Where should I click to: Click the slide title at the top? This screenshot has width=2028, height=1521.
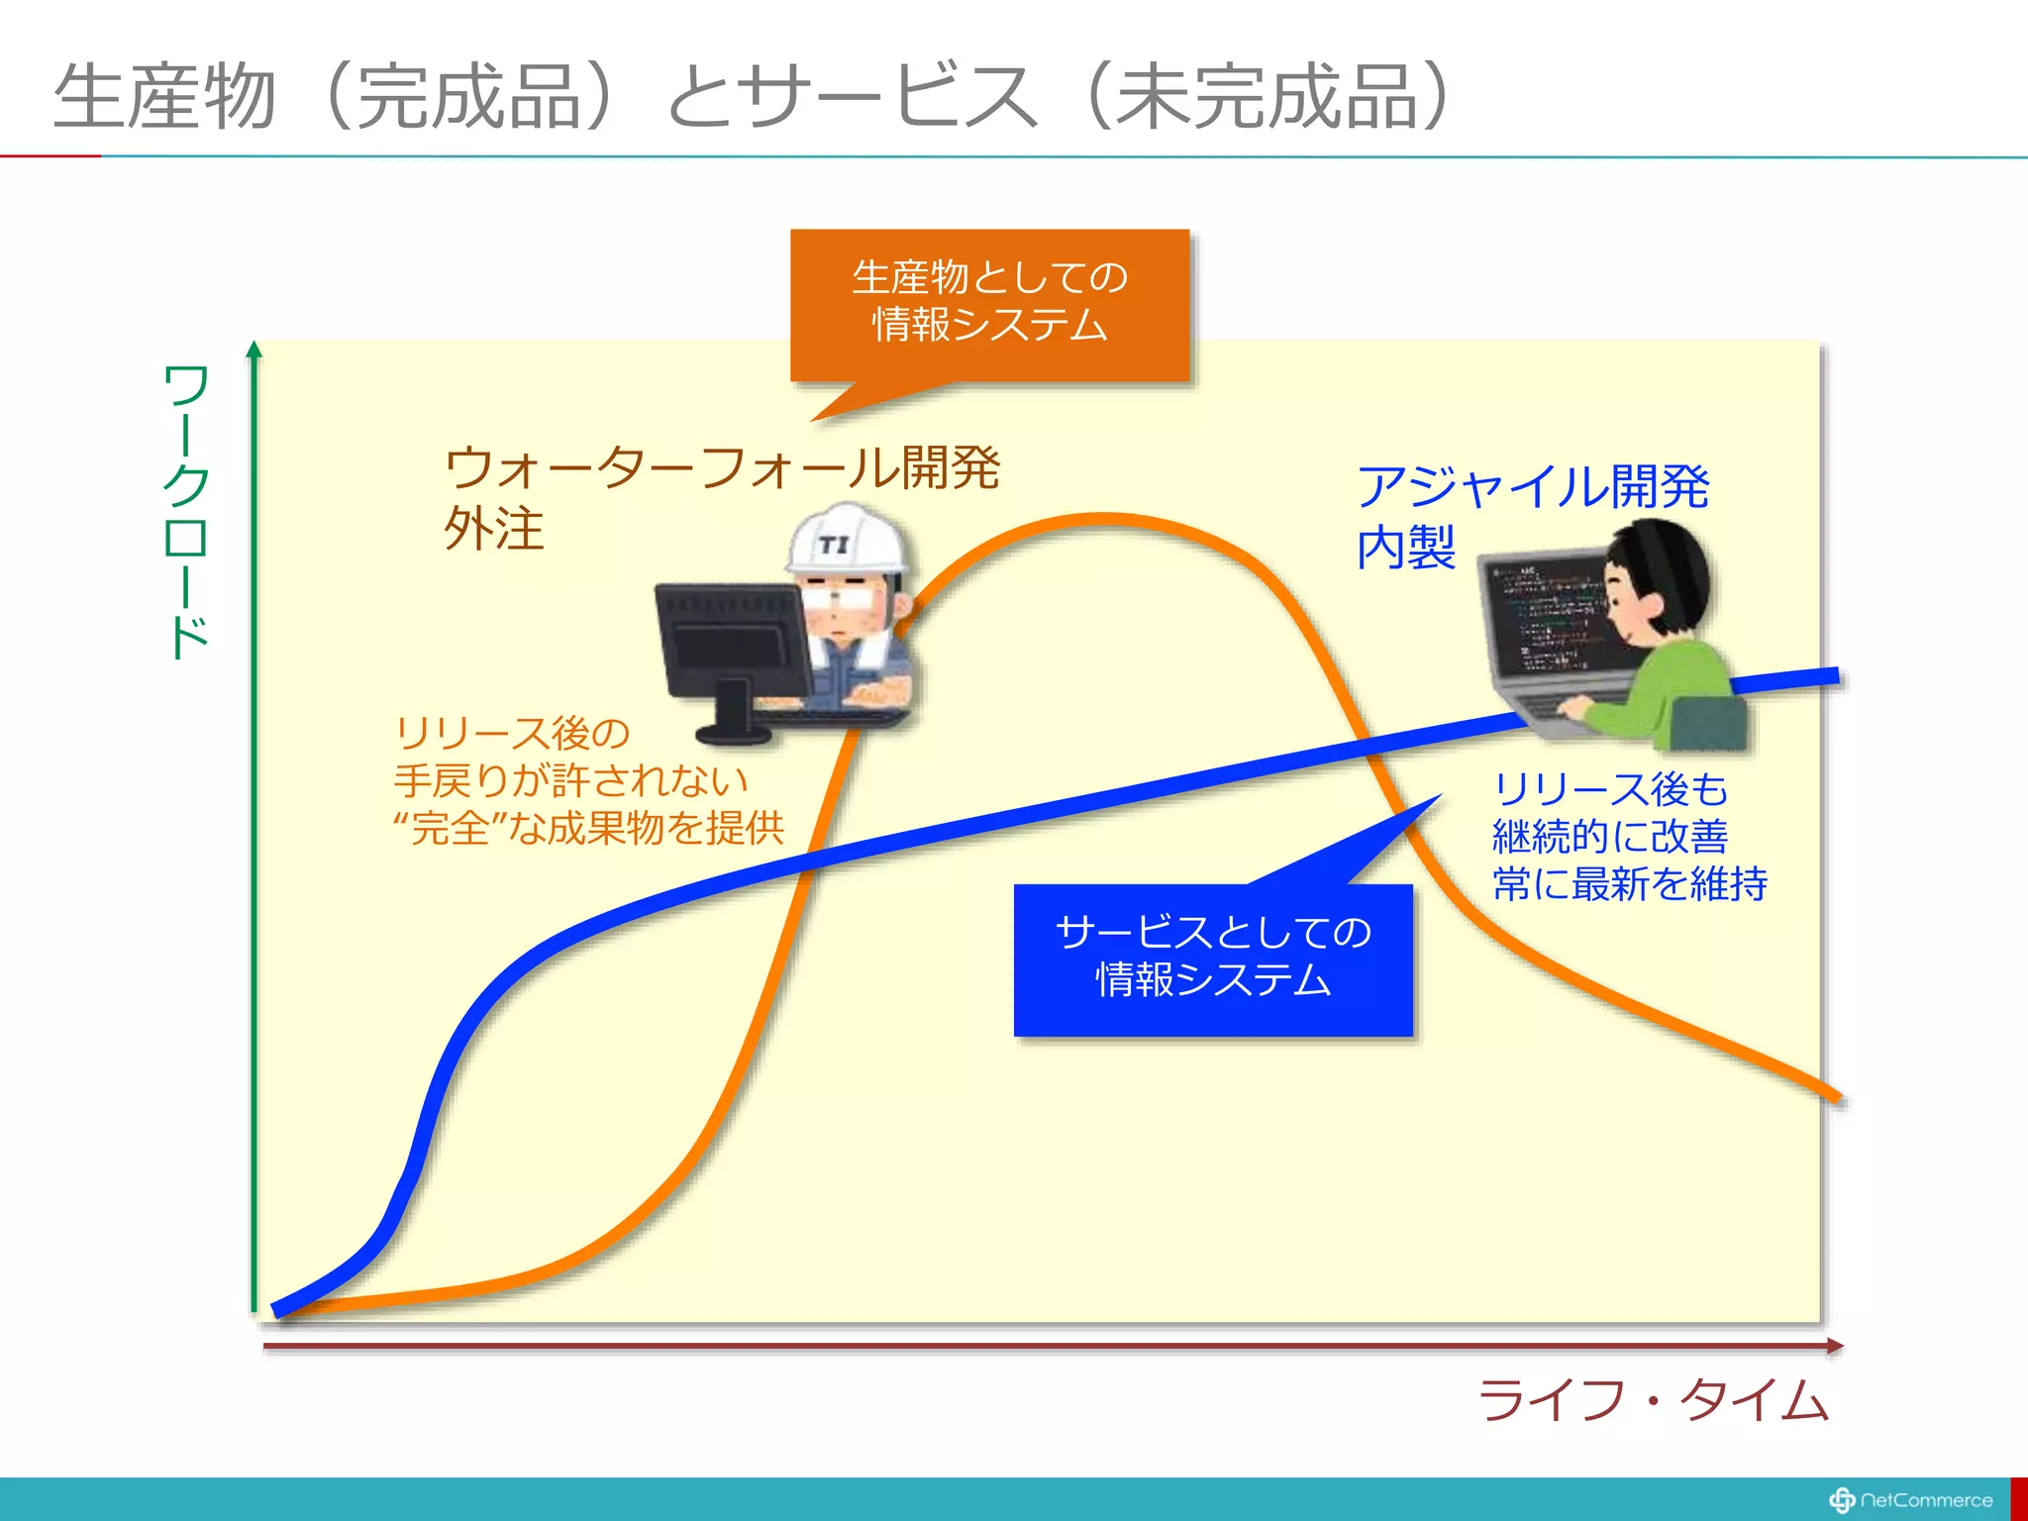point(753,96)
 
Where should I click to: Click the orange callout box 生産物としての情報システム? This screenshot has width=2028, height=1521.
point(989,302)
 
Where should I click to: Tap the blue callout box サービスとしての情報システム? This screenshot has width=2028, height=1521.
point(1213,958)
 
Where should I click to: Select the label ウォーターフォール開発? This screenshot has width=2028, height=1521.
point(722,467)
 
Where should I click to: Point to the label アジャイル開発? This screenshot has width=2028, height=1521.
point(1533,486)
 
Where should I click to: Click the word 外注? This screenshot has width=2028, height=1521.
point(493,529)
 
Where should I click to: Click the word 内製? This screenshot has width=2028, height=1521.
point(1406,548)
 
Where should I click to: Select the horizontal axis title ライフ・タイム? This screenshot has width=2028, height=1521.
point(1652,1400)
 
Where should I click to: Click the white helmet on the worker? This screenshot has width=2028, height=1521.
point(847,539)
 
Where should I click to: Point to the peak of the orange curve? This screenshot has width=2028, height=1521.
point(1104,518)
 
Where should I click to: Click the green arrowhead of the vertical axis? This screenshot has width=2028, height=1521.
point(254,349)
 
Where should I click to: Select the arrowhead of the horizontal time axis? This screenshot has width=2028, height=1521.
point(1834,1346)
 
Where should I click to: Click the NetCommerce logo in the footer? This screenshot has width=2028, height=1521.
point(1911,1500)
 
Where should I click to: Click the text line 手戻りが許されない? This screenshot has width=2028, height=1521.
point(570,780)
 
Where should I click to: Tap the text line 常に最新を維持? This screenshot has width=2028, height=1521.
point(1630,883)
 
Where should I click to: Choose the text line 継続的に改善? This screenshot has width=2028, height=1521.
point(1610,837)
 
